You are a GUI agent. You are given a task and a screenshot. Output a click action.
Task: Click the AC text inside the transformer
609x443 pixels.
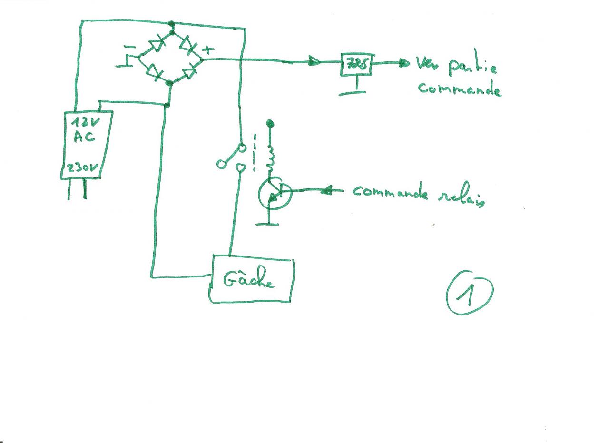(x=84, y=138)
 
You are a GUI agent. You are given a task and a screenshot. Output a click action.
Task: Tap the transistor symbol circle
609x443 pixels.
(x=274, y=193)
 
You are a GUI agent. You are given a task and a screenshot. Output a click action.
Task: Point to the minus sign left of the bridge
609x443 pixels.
(x=128, y=48)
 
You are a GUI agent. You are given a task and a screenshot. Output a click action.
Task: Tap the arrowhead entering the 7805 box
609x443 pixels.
(x=314, y=61)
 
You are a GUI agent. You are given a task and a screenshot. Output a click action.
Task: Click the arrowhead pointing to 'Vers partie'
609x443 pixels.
(x=404, y=63)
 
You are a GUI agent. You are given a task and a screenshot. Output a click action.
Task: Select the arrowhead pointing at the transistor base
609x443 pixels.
(x=326, y=191)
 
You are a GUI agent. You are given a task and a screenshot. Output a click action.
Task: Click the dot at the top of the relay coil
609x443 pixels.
(x=270, y=124)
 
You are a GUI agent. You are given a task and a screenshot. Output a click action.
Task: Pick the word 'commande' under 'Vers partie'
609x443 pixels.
(x=460, y=90)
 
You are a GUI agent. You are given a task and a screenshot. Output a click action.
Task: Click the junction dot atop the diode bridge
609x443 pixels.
(x=172, y=23)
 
